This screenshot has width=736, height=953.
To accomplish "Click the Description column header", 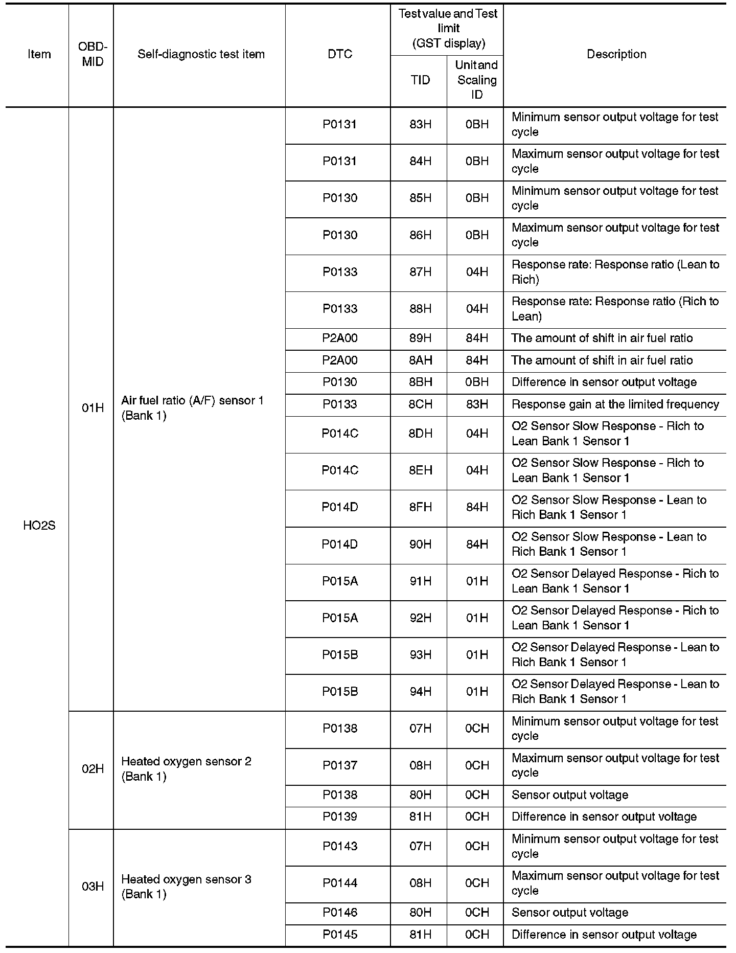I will pyautogui.click(x=616, y=54).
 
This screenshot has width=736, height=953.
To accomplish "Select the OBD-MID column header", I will pyautogui.click(x=93, y=54).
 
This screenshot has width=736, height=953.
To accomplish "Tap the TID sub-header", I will pyautogui.click(x=420, y=80).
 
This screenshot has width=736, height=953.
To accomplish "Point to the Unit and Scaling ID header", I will pyautogui.click(x=477, y=80).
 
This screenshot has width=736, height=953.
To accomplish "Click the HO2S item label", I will pyautogui.click(x=39, y=526).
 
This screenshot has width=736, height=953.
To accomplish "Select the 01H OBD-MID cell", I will pyautogui.click(x=93, y=408).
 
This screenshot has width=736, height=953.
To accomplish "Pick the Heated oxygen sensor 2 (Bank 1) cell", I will pyautogui.click(x=186, y=769).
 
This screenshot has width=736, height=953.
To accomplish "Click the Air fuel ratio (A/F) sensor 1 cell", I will pyautogui.click(x=192, y=408).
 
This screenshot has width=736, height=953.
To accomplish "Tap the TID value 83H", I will pyautogui.click(x=420, y=124).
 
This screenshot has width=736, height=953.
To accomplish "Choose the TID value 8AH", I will pyautogui.click(x=420, y=360).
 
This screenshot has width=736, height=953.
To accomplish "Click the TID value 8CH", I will pyautogui.click(x=420, y=404).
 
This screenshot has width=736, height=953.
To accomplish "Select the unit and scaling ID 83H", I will pyautogui.click(x=477, y=404).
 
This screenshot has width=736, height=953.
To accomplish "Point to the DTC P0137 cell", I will pyautogui.click(x=340, y=765).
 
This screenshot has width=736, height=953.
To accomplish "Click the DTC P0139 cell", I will pyautogui.click(x=340, y=817).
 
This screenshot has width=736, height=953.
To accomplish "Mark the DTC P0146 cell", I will pyautogui.click(x=340, y=913).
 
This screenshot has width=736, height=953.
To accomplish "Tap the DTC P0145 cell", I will pyautogui.click(x=340, y=935).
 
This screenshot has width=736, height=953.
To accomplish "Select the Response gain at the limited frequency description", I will pyautogui.click(x=615, y=404).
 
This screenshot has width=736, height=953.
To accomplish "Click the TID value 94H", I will pyautogui.click(x=420, y=692).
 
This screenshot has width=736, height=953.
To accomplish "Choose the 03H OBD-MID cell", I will pyautogui.click(x=93, y=887).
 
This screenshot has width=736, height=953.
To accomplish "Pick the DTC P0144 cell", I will pyautogui.click(x=340, y=883).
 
